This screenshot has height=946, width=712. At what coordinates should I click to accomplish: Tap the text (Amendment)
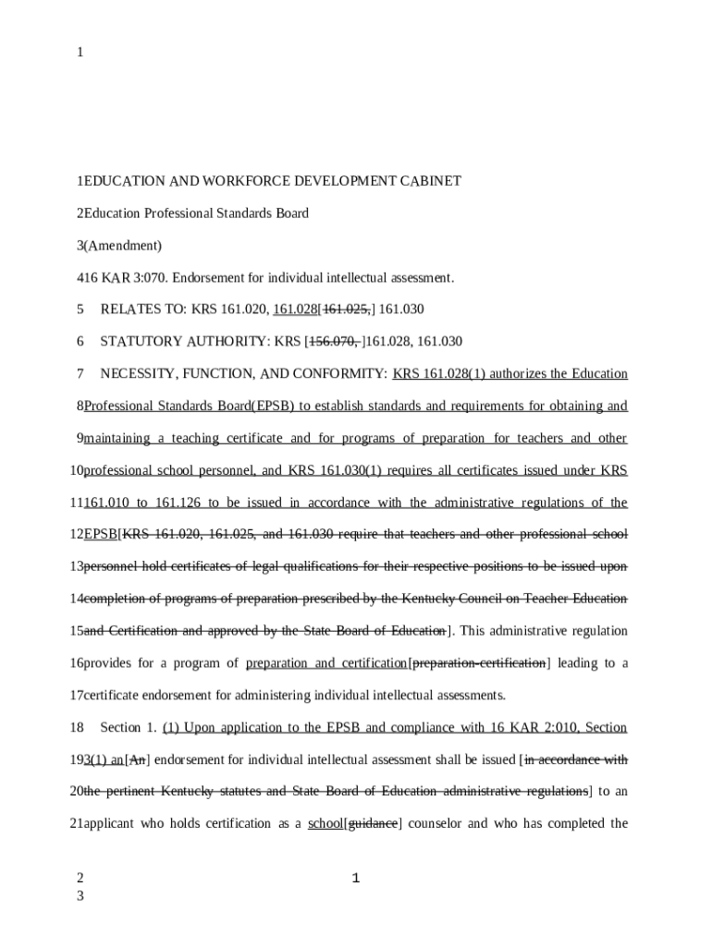pyautogui.click(x=122, y=245)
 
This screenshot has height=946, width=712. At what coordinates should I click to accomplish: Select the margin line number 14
pyautogui.click(x=77, y=599)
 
